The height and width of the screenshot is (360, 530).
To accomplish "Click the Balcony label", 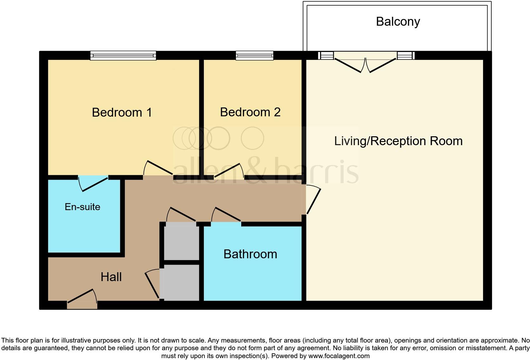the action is pyautogui.click(x=398, y=22).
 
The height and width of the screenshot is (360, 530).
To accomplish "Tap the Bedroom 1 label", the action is pyautogui.click(x=122, y=112).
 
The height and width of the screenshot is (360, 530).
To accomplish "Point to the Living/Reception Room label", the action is pyautogui.click(x=398, y=141).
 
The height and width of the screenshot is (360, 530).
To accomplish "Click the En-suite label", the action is pyautogui.click(x=82, y=207).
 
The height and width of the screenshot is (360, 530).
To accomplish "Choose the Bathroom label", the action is pyautogui.click(x=250, y=254).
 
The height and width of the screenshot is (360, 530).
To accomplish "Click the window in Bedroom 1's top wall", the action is pyautogui.click(x=123, y=55).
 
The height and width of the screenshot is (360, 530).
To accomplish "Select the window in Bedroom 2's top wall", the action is pyautogui.click(x=254, y=55).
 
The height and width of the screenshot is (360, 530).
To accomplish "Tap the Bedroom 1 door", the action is pyautogui.click(x=158, y=168).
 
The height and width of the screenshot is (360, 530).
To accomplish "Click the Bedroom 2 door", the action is pyautogui.click(x=229, y=171).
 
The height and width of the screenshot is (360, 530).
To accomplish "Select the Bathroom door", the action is pyautogui.click(x=226, y=215).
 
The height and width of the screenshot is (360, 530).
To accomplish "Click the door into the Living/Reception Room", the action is pyautogui.click(x=313, y=200).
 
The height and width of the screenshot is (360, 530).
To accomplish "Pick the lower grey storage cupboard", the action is pyautogui.click(x=182, y=282).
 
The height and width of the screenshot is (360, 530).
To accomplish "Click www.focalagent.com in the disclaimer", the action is pyautogui.click(x=339, y=356).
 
